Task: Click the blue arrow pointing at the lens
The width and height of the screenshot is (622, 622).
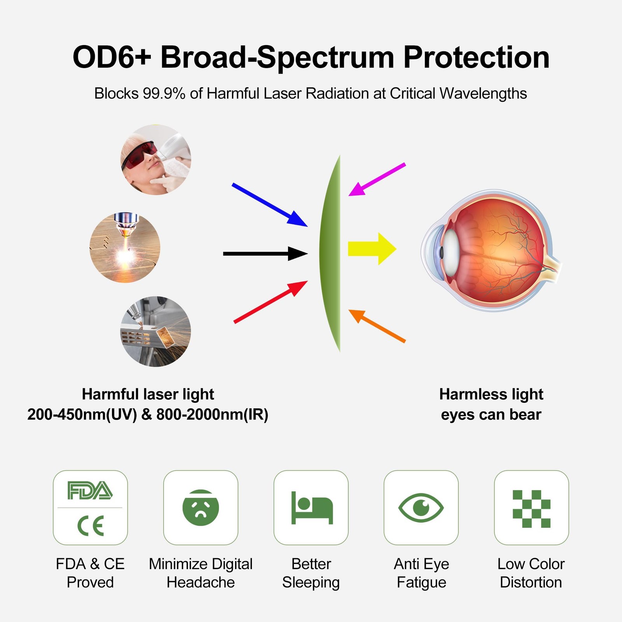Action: pyautogui.click(x=270, y=204)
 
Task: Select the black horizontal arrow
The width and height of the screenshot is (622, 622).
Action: pyautogui.click(x=266, y=253)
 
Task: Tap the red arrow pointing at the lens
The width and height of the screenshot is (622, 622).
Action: pyautogui.click(x=271, y=302)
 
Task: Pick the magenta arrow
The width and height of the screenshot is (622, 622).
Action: pyautogui.click(x=377, y=179)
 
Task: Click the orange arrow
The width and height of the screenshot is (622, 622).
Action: pyautogui.click(x=377, y=326)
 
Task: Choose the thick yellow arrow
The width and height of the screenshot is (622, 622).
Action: pyautogui.click(x=372, y=249)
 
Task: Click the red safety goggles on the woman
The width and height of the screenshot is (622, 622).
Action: pyautogui.click(x=139, y=155)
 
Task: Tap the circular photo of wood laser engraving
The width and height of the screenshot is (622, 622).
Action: pyautogui.click(x=125, y=247)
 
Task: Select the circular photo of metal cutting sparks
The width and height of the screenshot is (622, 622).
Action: pyautogui.click(x=155, y=331)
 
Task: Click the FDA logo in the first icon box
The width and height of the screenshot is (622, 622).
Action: pyautogui.click(x=90, y=490)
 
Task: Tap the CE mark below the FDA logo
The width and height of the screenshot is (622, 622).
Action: pyautogui.click(x=91, y=526)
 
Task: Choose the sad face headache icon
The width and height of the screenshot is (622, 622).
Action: pyautogui.click(x=201, y=508)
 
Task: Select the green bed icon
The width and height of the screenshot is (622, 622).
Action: pyautogui.click(x=312, y=508)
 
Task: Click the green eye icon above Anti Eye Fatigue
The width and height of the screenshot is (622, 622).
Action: pyautogui.click(x=421, y=507)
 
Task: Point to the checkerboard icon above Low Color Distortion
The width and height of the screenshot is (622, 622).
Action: pyautogui.click(x=531, y=509)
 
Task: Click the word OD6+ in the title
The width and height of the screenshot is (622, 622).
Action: pyautogui.click(x=112, y=57)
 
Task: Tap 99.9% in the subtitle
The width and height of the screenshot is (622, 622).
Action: pyautogui.click(x=164, y=93)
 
